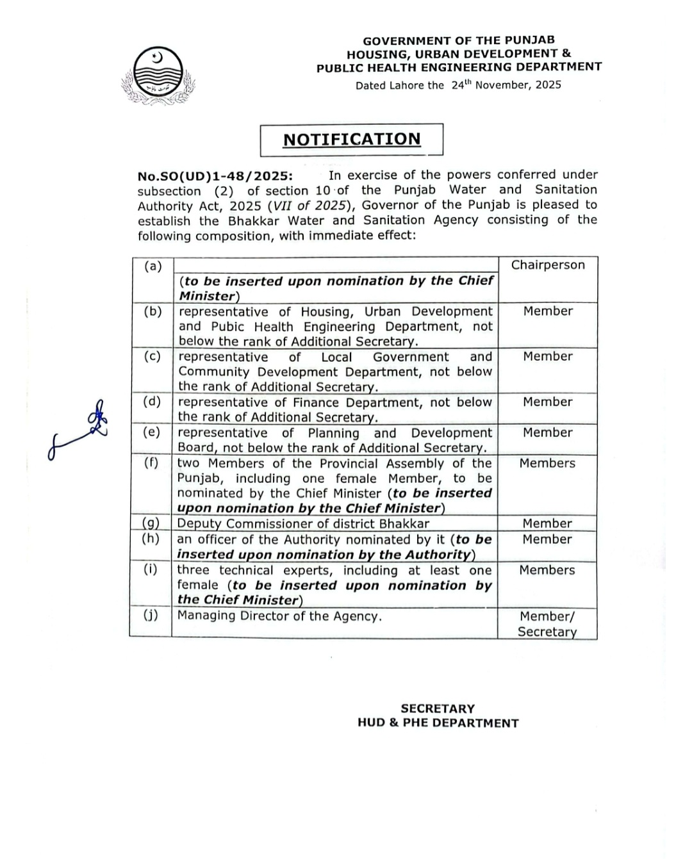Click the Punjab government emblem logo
pos(158,76)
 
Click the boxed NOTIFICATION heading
pos(352,140)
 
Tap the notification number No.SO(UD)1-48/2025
pos(215,176)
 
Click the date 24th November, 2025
pos(506,85)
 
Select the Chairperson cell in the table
pos(548,265)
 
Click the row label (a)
pos(152,266)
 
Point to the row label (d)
pos(152,402)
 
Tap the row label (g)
pos(151,523)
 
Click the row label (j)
pos(150,616)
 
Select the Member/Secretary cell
pos(547,624)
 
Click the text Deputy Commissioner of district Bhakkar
pos(303,523)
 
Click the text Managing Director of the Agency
pos(279,616)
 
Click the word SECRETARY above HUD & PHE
pos(438,708)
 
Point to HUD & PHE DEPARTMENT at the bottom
pos(438,723)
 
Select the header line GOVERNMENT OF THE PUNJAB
pos(459,40)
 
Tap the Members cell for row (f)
pos(547,463)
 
